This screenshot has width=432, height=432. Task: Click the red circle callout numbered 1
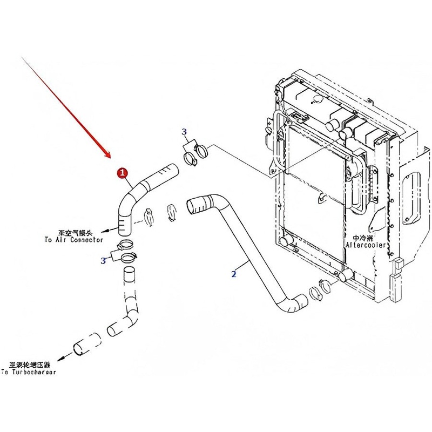click(123, 172)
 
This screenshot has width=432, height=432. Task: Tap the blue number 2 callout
click(234, 274)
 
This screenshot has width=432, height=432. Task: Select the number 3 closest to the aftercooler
click(184, 132)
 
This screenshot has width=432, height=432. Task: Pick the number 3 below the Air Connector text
click(103, 261)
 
